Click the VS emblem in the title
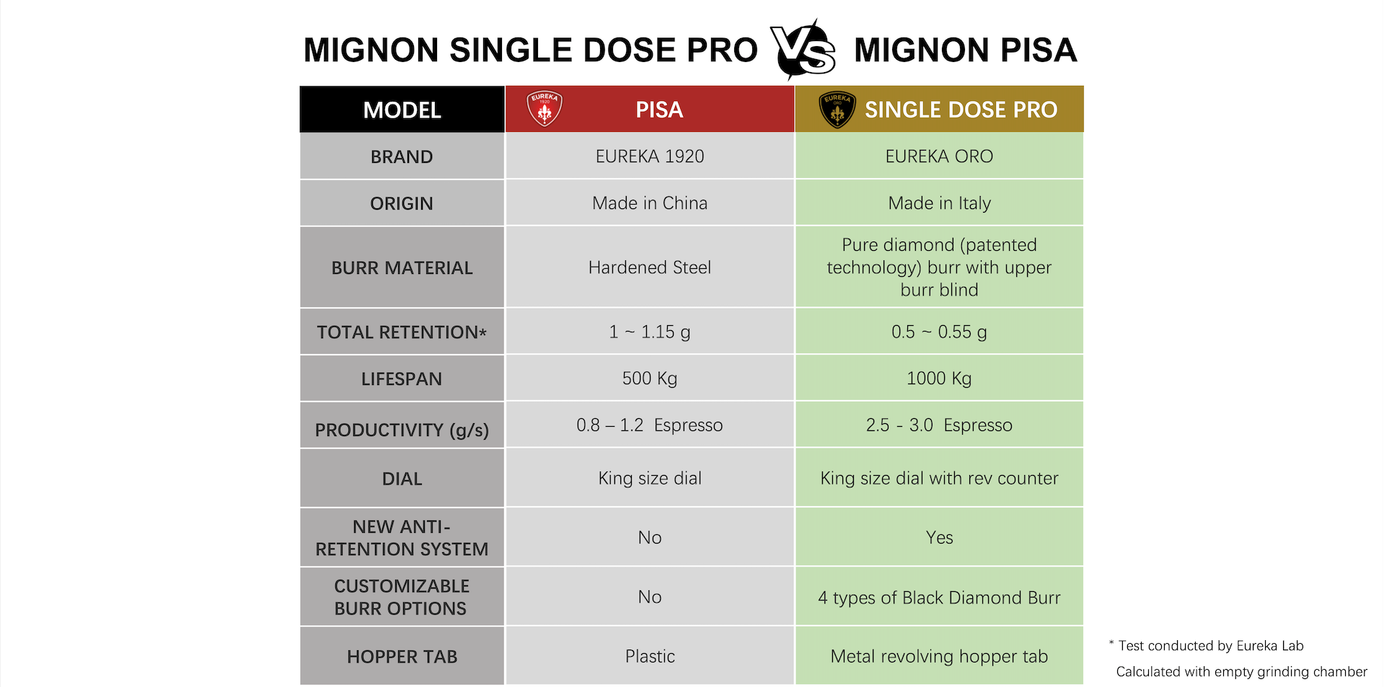click(803, 50)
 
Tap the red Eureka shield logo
click(545, 109)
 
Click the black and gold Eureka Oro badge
click(837, 110)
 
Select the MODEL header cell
click(402, 110)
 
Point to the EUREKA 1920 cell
click(649, 156)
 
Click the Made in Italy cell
click(939, 203)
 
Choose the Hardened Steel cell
click(649, 267)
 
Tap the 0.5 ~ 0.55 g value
click(939, 332)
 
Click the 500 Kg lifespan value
click(649, 378)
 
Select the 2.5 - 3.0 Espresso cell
click(939, 425)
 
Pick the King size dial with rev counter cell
click(939, 478)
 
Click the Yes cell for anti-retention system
click(939, 537)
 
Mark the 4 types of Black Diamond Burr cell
click(939, 598)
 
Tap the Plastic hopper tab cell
click(649, 656)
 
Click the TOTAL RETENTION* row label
click(402, 332)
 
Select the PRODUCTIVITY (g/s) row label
click(402, 430)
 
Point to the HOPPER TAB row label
click(402, 657)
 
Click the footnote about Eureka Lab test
click(1210, 646)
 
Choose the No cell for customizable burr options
click(649, 597)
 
